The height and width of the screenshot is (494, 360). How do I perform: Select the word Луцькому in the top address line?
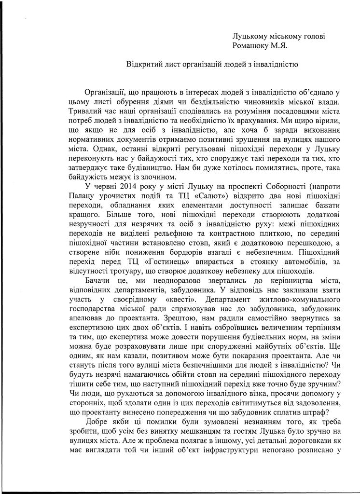pyautogui.click(x=251, y=36)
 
